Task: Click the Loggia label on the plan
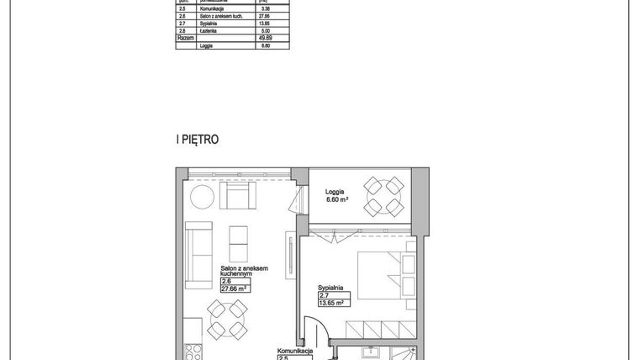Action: [x=335, y=192]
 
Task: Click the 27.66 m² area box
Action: [x=236, y=289]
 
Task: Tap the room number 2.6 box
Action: [x=225, y=282]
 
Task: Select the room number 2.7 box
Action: [x=323, y=295]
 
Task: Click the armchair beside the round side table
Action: [x=237, y=197]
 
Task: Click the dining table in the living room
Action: [x=224, y=320]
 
